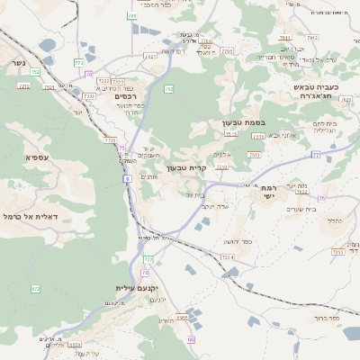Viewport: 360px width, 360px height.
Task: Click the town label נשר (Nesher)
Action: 18,64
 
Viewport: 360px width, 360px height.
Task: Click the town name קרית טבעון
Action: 187,167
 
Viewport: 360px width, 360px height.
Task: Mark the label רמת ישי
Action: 268,193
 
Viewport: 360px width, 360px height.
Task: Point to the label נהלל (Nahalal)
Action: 334,220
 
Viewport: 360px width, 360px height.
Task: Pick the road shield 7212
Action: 23,85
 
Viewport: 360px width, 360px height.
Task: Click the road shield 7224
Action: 227,257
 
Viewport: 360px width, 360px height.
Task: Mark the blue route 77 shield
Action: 316,155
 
